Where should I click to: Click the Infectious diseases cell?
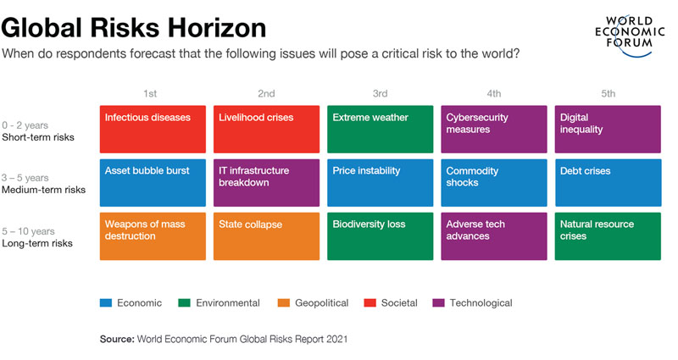point(153,129)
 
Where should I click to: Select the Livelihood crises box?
point(266,129)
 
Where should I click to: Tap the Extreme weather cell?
point(380,129)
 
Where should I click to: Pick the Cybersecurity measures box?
point(493,129)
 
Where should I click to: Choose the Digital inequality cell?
point(609,129)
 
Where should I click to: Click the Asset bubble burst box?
point(153,183)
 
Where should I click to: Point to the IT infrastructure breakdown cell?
point(266,183)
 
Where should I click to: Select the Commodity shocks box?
point(493,183)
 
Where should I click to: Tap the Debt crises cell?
point(609,183)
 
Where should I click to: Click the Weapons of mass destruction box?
point(153,236)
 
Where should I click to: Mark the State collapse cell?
point(266,236)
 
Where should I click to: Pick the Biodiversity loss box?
point(380,236)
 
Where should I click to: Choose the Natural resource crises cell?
point(609,236)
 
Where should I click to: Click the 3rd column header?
point(380,93)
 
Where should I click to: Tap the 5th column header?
point(608,93)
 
